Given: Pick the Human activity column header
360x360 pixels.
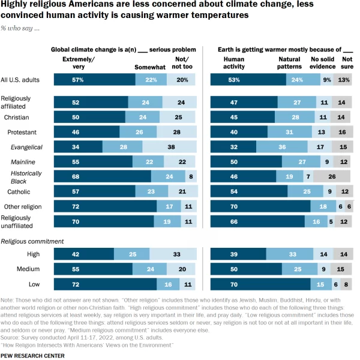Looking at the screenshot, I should [233, 63].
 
